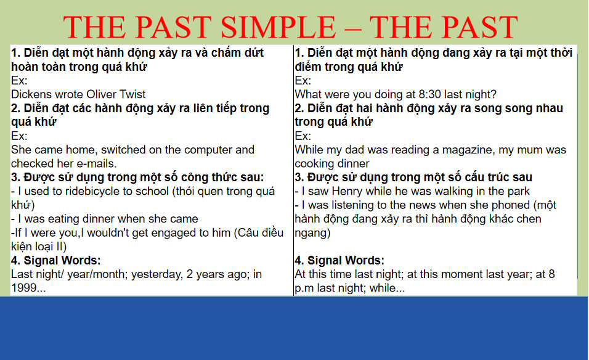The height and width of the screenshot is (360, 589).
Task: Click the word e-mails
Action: coord(97,163)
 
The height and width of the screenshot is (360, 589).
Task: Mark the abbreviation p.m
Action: coord(306,288)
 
